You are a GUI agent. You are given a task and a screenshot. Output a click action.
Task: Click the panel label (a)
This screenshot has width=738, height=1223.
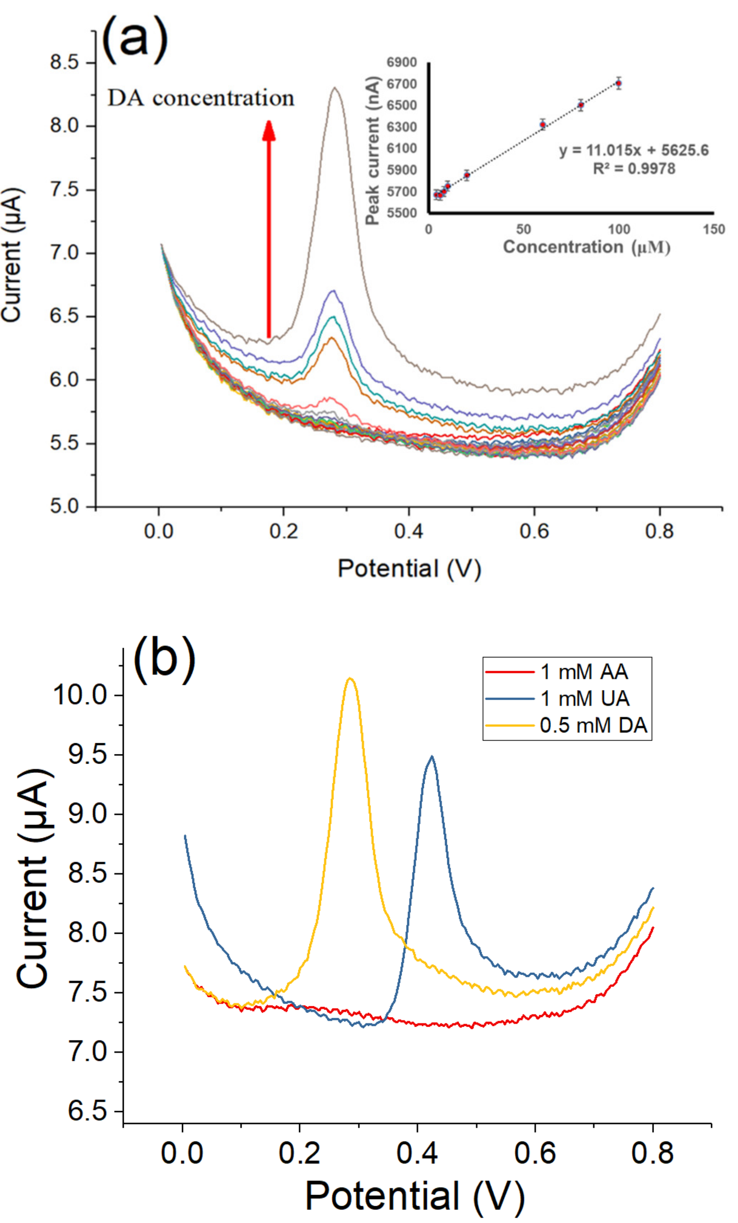[134, 40]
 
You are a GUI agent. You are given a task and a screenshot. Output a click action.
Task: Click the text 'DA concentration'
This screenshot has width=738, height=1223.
[201, 98]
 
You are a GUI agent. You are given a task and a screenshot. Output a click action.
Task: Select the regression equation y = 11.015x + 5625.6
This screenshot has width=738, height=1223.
[634, 150]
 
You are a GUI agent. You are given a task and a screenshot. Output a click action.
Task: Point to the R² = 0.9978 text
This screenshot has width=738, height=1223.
[634, 169]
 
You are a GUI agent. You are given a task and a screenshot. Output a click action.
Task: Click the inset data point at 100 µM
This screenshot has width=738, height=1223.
[618, 83]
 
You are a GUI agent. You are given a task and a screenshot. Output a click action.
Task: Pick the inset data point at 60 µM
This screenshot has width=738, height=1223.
[543, 124]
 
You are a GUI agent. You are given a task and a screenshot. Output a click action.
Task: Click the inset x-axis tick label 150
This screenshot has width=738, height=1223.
[714, 229]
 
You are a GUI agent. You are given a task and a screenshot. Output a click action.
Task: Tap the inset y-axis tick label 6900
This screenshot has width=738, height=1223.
[402, 62]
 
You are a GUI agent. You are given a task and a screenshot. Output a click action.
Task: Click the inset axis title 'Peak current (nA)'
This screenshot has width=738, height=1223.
[373, 150]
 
